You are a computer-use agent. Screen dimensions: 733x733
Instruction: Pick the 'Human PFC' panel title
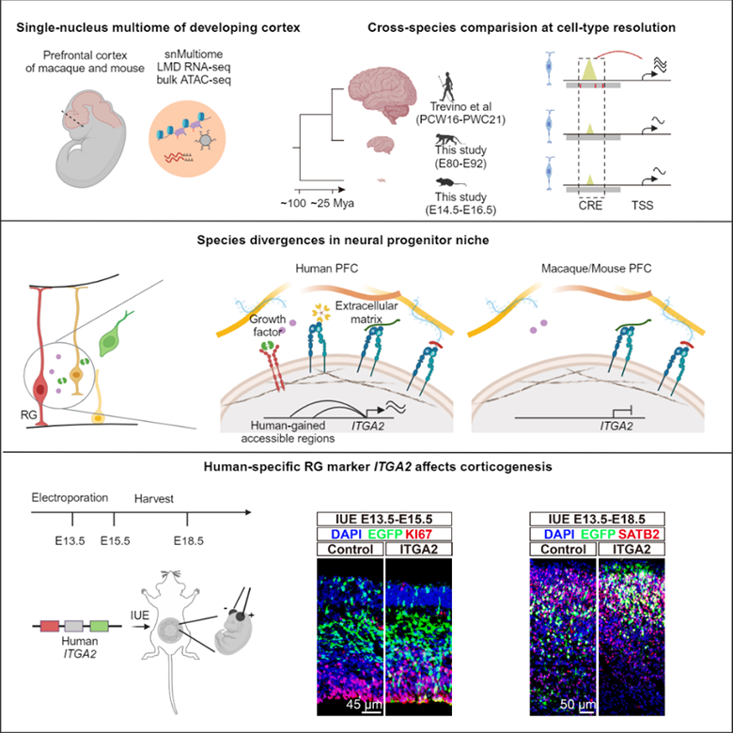point(335,268)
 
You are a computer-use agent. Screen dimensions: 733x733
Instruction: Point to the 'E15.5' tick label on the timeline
point(113,538)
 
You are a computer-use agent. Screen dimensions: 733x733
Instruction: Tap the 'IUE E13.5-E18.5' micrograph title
point(598,520)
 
